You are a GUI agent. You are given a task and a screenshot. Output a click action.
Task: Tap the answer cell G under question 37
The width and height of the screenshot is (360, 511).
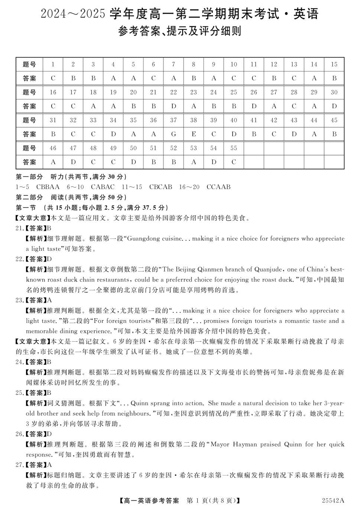(173, 134)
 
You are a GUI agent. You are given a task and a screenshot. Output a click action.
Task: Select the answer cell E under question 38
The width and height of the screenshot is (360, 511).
(193, 134)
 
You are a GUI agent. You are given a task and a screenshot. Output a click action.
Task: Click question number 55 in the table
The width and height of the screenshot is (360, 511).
(233, 148)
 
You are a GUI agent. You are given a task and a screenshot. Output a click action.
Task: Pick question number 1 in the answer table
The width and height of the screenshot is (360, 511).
(53, 64)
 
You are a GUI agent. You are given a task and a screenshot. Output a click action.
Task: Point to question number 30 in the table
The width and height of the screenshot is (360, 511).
(334, 92)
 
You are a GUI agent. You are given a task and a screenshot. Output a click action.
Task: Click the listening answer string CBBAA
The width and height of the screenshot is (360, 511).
(48, 187)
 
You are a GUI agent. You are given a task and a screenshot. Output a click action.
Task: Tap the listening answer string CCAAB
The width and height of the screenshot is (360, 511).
(218, 187)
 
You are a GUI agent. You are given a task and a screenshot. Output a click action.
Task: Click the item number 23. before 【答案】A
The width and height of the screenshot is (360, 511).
(20, 300)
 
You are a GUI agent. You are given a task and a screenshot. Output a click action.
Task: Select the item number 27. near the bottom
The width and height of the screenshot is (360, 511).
(20, 465)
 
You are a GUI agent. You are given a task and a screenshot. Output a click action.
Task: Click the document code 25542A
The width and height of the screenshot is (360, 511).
(333, 500)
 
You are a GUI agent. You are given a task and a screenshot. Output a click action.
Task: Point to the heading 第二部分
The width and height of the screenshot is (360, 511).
(29, 197)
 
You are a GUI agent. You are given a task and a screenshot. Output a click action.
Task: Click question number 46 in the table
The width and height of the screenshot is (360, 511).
(53, 148)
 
